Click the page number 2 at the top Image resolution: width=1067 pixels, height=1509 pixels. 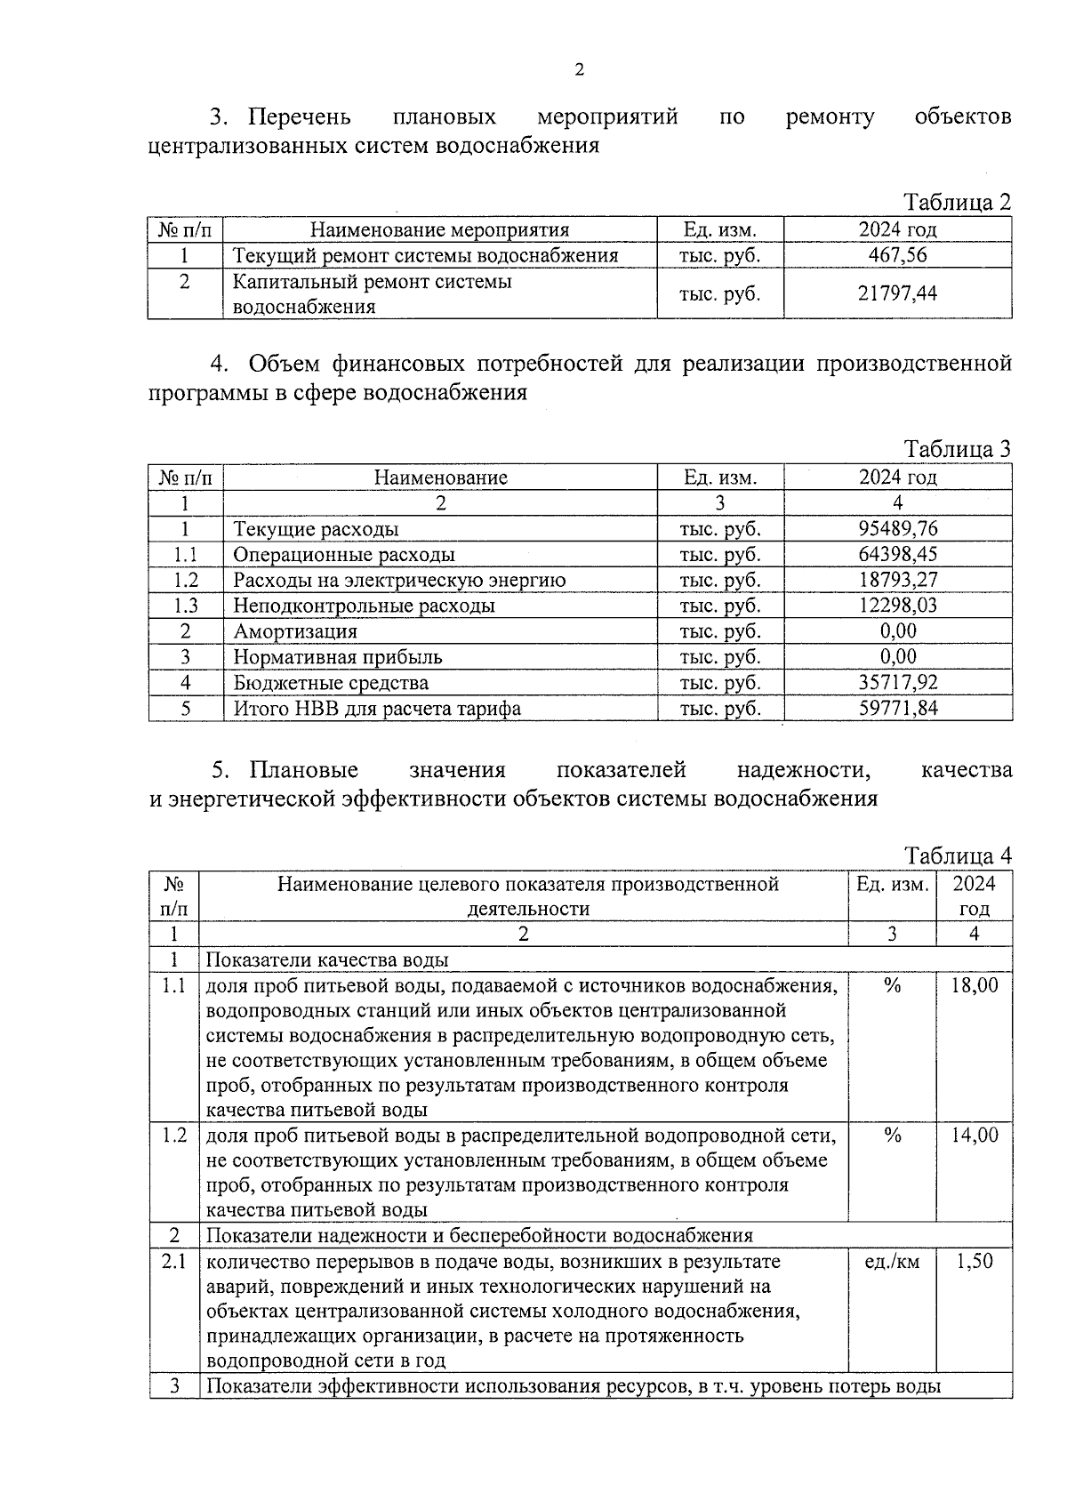click(x=579, y=70)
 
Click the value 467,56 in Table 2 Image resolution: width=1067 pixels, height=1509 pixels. click(x=897, y=255)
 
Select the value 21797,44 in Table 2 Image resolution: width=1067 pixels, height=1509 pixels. click(x=897, y=293)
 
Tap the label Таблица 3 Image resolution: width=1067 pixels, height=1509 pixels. click(x=958, y=448)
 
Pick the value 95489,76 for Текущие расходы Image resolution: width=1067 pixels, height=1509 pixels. click(x=897, y=529)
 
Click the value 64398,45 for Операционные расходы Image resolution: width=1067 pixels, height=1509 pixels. click(x=897, y=555)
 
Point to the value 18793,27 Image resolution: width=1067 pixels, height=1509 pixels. click(x=897, y=580)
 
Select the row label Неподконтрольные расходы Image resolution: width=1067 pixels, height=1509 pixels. click(x=364, y=606)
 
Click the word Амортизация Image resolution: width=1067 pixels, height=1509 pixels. click(x=295, y=631)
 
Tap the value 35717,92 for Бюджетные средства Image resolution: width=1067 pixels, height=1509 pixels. click(x=897, y=683)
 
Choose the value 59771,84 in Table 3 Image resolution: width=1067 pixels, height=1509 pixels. click(x=897, y=709)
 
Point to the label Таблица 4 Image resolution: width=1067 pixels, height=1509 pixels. click(x=958, y=855)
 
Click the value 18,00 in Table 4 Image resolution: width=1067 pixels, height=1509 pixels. click(x=974, y=985)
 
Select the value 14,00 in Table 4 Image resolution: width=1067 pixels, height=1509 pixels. click(x=974, y=1136)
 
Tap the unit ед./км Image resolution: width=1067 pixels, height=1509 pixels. click(x=892, y=1261)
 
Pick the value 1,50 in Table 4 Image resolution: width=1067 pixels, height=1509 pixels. click(x=974, y=1261)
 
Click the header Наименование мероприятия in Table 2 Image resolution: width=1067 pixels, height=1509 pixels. click(x=439, y=230)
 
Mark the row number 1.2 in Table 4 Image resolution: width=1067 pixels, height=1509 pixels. click(x=174, y=1136)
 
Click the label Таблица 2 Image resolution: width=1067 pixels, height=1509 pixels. click(x=958, y=202)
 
